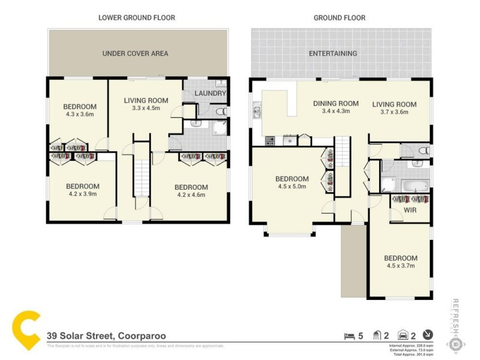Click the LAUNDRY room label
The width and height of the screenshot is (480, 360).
click(210, 94)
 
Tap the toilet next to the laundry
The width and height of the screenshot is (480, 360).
click(220, 111)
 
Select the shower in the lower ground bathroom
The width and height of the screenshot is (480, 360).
click(218, 127)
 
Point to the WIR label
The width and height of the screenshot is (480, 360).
click(410, 211)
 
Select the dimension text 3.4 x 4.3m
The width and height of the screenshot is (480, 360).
click(336, 112)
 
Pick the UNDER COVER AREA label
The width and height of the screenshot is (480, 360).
click(135, 53)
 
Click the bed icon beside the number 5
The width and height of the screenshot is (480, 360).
click(349, 336)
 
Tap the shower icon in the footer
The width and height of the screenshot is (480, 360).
click(377, 336)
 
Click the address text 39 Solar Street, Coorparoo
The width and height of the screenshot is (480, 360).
click(106, 336)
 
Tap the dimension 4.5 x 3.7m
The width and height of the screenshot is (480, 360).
click(400, 266)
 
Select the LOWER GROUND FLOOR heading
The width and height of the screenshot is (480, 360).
click(137, 18)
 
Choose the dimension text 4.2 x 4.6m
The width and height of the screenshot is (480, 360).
click(191, 194)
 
